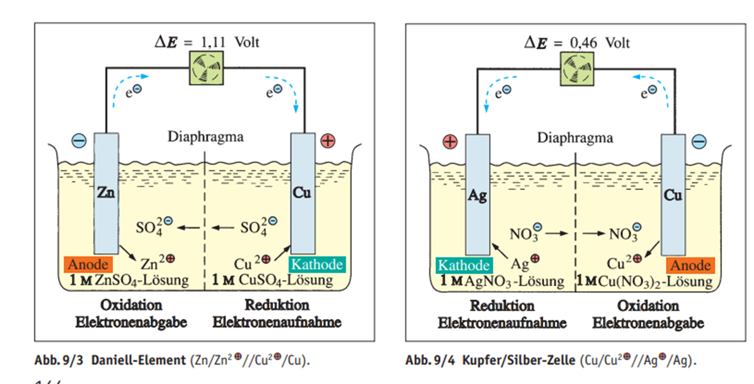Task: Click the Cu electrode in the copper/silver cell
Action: click(x=673, y=195)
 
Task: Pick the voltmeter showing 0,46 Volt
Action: click(x=576, y=69)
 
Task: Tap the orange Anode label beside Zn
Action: click(x=89, y=264)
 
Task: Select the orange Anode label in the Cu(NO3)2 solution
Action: click(x=690, y=266)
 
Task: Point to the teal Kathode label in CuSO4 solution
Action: click(x=317, y=264)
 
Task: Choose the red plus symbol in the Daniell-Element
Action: click(x=327, y=141)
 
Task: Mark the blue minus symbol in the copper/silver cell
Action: click(x=699, y=141)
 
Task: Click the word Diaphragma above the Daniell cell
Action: click(x=205, y=138)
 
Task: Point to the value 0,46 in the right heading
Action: click(x=586, y=43)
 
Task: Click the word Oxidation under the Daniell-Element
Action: click(x=131, y=305)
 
